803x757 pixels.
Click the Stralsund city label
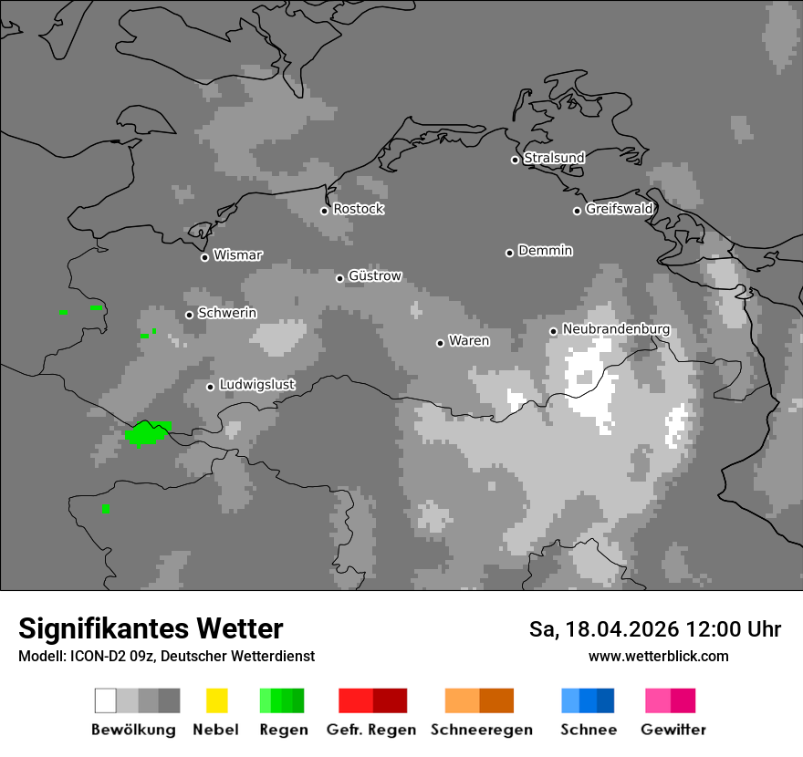tap(554, 158)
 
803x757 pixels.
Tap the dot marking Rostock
tap(324, 211)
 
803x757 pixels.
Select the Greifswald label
tap(619, 209)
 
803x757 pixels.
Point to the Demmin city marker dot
tap(509, 253)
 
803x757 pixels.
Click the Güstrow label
tap(375, 275)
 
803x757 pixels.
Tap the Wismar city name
tap(237, 255)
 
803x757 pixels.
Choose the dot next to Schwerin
tap(189, 315)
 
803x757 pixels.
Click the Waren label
tap(469, 341)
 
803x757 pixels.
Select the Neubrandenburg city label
tap(616, 329)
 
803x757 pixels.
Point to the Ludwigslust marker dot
tap(210, 387)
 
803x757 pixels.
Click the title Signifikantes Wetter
tap(151, 628)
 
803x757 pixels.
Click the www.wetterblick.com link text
tap(658, 656)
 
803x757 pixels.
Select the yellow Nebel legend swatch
tap(216, 700)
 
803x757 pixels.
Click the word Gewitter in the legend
tap(673, 730)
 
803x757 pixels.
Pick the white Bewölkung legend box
tap(105, 700)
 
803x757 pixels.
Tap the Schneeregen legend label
tap(482, 730)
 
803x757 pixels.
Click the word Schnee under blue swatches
tap(589, 730)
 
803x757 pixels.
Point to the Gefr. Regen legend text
tap(371, 730)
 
